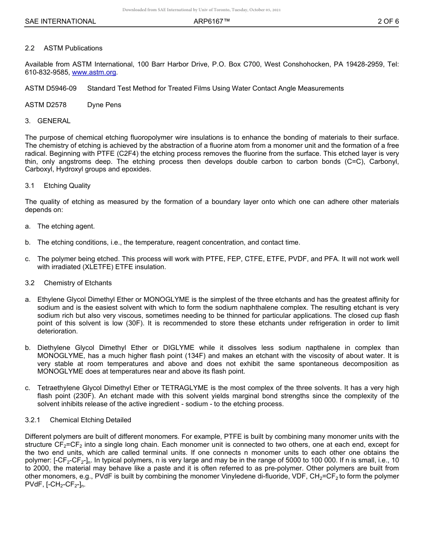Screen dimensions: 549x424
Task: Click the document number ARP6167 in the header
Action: coord(212,21)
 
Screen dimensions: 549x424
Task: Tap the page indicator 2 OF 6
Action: coord(388,21)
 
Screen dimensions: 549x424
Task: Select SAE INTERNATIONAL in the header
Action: coord(60,21)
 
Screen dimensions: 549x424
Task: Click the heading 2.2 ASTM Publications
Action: coord(64,48)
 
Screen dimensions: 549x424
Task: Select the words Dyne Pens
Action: coord(104,105)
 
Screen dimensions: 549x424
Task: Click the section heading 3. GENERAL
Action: coord(48,121)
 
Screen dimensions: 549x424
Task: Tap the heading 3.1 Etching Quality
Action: coord(58,186)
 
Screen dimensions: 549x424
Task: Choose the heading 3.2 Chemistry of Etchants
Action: coord(68,283)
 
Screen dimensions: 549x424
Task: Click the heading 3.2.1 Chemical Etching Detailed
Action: coord(78,420)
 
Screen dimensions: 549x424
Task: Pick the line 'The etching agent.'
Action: coord(66,226)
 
